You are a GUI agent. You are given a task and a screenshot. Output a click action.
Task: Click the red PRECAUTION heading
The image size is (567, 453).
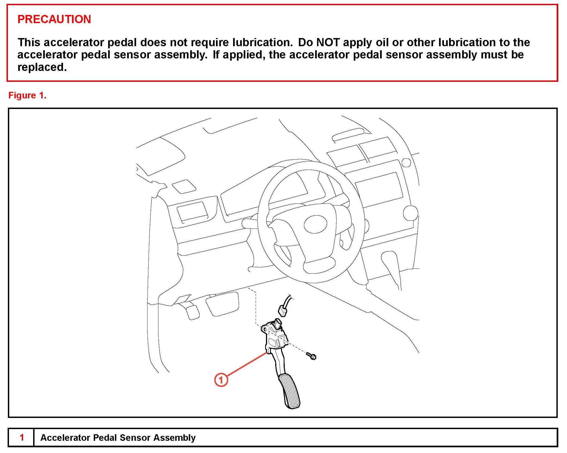pyautogui.click(x=54, y=19)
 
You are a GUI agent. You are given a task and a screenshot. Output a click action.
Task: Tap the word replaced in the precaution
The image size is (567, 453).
pyautogui.click(x=42, y=67)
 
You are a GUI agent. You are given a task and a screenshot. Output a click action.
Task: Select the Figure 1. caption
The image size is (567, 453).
pyautogui.click(x=27, y=95)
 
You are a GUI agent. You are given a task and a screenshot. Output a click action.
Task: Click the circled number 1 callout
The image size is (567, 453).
pyautogui.click(x=221, y=380)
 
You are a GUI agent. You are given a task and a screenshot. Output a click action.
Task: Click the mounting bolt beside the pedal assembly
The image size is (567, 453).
pyautogui.click(x=311, y=356)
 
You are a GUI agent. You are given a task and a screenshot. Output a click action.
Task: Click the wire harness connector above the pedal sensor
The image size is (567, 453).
pyautogui.click(x=283, y=310)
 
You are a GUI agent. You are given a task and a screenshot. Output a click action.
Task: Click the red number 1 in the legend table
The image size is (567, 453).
pyautogui.click(x=22, y=437)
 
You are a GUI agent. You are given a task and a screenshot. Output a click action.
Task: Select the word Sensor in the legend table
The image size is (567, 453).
pyautogui.click(x=135, y=438)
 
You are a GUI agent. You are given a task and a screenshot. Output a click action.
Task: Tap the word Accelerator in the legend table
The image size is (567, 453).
pyautogui.click(x=65, y=438)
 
